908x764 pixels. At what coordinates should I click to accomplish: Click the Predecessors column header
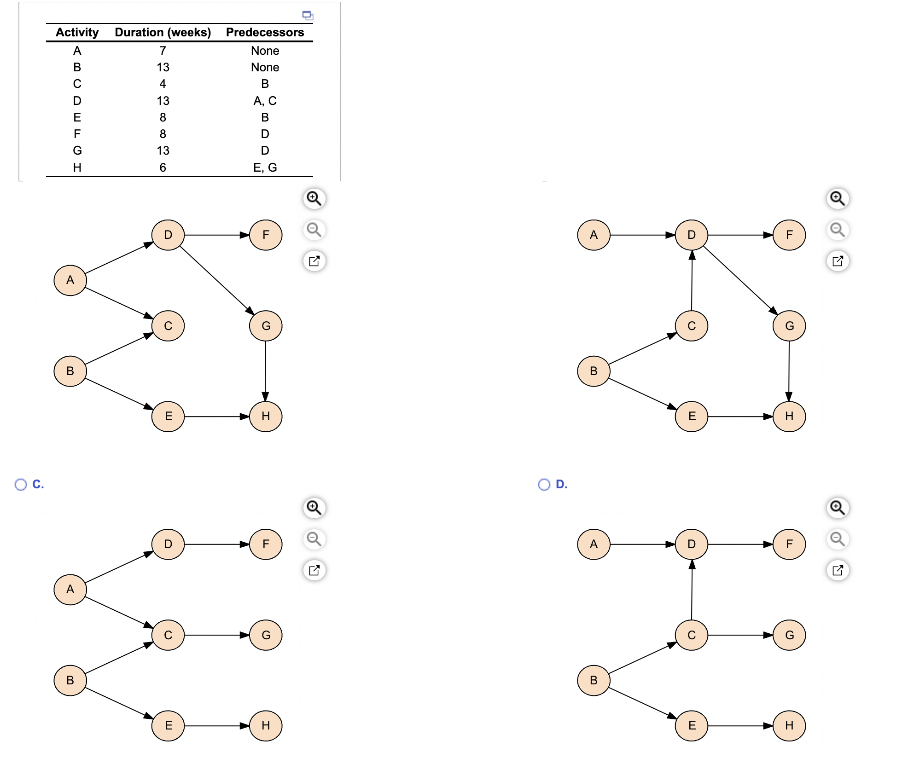pos(265,32)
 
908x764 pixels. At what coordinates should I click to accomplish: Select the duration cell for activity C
pos(163,84)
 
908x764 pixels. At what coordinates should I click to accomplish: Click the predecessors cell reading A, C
pos(265,101)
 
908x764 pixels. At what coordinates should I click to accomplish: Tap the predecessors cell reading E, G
pos(265,168)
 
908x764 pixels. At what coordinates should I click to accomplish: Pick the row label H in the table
pos(77,168)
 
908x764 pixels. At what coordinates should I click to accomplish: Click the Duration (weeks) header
pos(163,32)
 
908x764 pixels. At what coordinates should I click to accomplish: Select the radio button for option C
pos(21,485)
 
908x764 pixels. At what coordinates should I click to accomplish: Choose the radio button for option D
pos(544,485)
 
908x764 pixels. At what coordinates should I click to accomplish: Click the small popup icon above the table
pos(308,15)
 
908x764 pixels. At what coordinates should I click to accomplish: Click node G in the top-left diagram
pos(266,326)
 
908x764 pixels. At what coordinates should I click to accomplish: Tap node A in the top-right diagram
pos(594,235)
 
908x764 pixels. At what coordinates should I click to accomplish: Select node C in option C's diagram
pos(168,635)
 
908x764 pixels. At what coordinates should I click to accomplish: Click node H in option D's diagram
pos(789,726)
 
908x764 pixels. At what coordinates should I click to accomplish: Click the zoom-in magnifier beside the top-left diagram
pos(314,198)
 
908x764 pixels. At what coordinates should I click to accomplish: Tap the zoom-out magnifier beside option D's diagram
pos(838,539)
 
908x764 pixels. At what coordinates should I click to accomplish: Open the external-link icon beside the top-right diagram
pos(838,261)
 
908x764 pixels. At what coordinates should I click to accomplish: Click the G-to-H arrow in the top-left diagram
pos(265,370)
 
